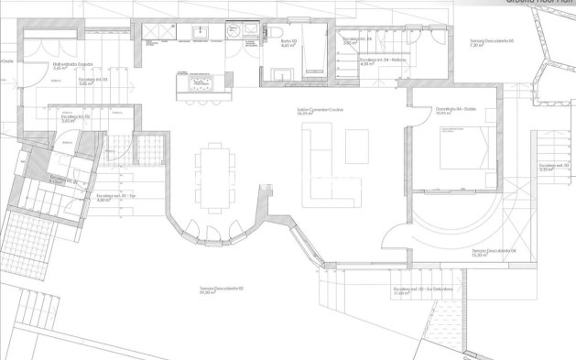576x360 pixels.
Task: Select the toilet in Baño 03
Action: point(274,34)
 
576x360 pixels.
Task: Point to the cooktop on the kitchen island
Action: point(199,84)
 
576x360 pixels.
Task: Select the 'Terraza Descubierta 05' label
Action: point(491,41)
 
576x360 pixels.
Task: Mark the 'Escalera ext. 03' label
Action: point(549,167)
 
